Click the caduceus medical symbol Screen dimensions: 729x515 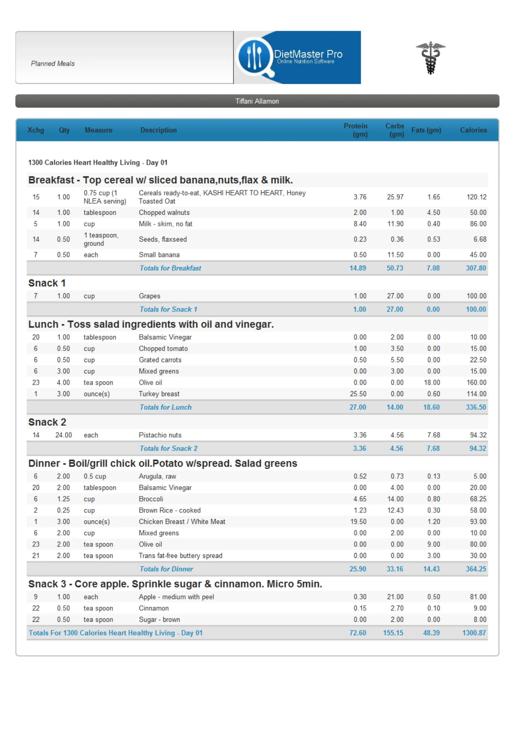(430, 58)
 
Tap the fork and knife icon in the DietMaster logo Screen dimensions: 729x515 (255, 57)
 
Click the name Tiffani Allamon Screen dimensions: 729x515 (257, 101)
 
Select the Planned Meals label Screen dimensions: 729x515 (53, 64)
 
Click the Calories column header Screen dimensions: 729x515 (473, 130)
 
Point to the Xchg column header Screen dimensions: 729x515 (36, 130)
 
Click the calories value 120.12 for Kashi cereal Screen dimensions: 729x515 (476, 197)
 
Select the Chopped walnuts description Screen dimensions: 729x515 (164, 213)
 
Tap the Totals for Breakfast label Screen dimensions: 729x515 (170, 268)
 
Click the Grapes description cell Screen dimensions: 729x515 (150, 296)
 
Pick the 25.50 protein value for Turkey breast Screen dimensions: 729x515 (358, 394)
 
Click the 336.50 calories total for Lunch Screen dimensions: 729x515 (476, 407)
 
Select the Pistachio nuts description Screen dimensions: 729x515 (160, 435)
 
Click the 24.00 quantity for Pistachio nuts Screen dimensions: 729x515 (64, 435)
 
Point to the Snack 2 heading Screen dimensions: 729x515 (47, 422)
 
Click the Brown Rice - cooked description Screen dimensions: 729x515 (169, 510)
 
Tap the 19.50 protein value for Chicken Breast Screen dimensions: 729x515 (358, 521)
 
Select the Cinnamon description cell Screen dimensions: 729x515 (154, 608)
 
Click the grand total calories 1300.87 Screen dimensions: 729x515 (474, 633)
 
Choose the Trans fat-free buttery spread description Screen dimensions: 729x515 (180, 556)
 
